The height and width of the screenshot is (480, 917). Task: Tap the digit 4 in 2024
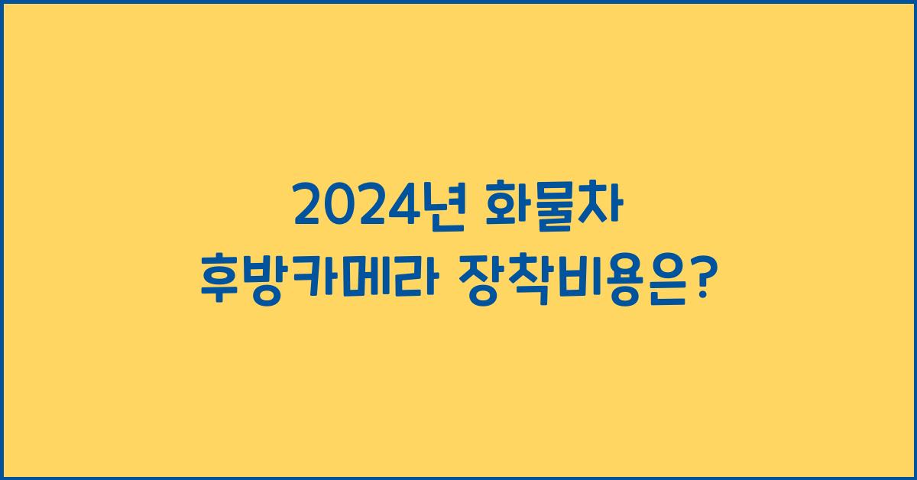point(402,207)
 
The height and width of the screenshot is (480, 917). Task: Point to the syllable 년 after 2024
point(441,206)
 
